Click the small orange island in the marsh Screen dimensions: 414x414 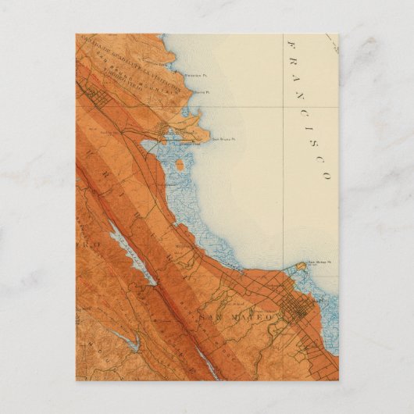tap(180, 165)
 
